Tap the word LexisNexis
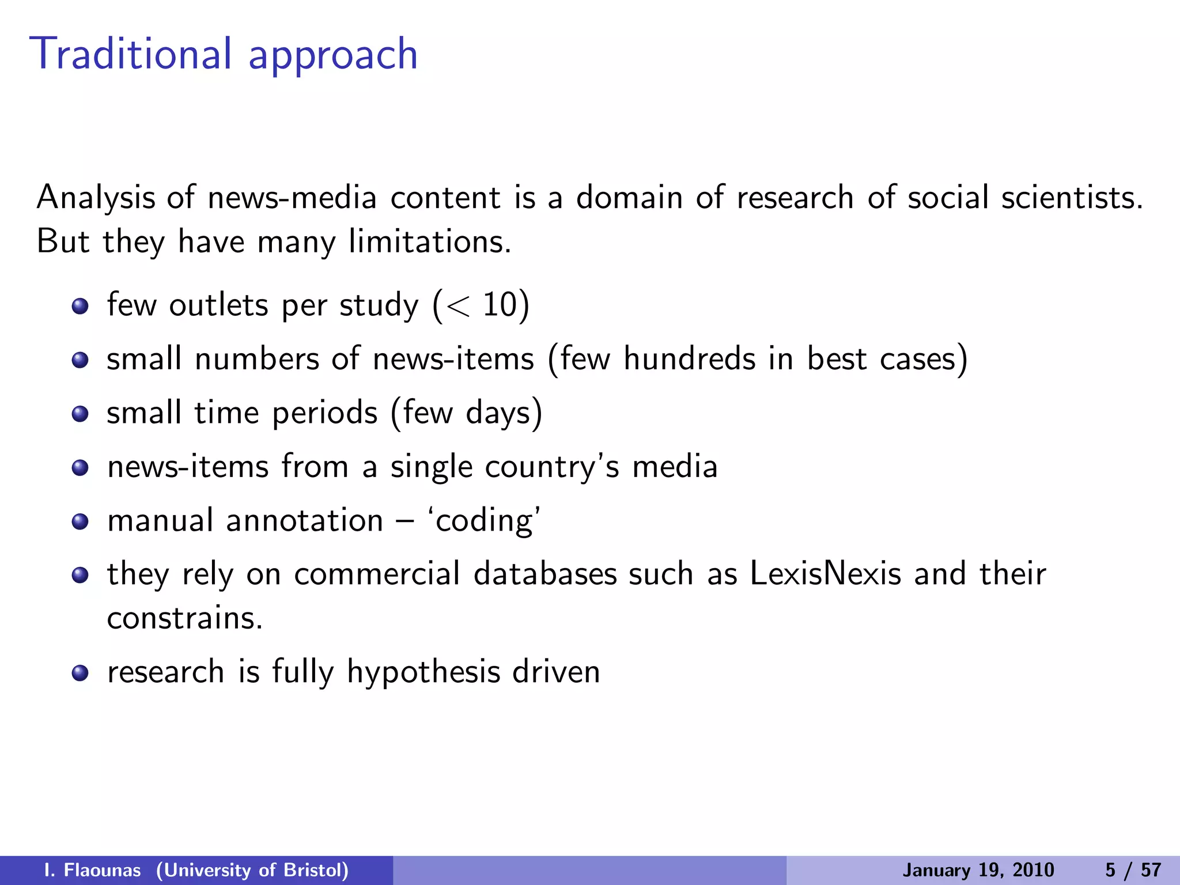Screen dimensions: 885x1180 (825, 574)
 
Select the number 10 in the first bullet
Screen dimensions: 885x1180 (498, 305)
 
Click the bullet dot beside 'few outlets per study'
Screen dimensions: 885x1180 (80, 306)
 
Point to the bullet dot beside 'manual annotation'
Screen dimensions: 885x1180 (80, 521)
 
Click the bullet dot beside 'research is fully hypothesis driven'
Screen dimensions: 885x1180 (80, 672)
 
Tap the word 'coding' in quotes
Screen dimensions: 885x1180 (484, 521)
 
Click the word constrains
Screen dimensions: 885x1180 (184, 618)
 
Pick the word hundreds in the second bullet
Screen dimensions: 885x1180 (689, 359)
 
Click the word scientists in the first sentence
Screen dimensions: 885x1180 (1072, 198)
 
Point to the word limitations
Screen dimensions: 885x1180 (430, 241)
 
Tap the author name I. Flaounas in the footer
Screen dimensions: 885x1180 (92, 870)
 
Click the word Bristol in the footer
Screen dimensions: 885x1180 (316, 870)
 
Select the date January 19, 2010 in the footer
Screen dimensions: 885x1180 (978, 870)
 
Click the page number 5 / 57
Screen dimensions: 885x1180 (1133, 870)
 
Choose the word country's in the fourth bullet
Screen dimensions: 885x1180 (552, 467)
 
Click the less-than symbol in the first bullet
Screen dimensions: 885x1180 (458, 306)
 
